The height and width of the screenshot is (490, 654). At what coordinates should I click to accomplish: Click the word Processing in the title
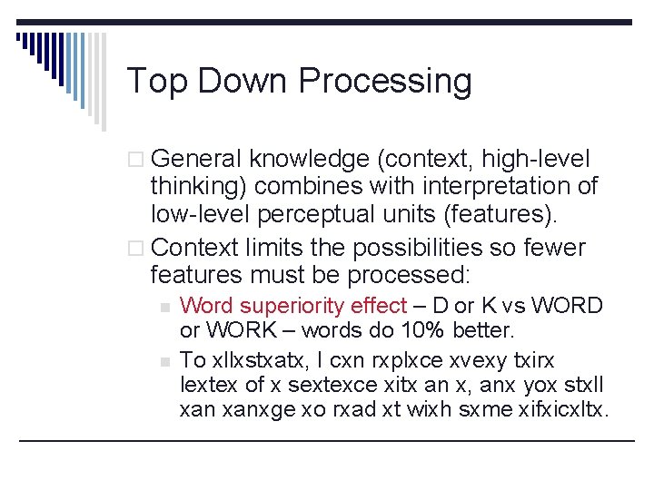(385, 82)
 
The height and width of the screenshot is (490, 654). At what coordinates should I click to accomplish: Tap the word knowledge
(309, 160)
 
